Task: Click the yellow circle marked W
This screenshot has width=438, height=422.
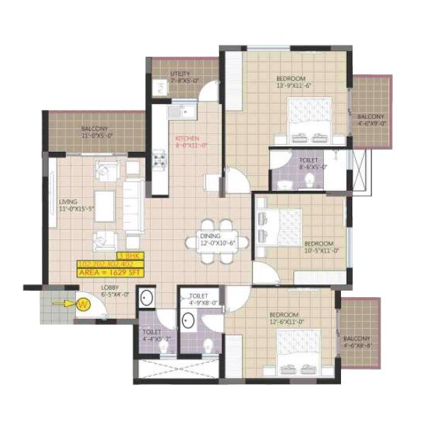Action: [x=82, y=305]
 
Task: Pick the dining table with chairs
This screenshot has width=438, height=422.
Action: [x=218, y=242]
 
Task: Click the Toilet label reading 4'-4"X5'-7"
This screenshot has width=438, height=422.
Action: [x=152, y=335]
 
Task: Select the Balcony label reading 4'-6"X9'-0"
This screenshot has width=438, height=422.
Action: [x=371, y=120]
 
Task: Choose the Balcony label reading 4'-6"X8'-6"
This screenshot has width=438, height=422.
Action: [x=358, y=343]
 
